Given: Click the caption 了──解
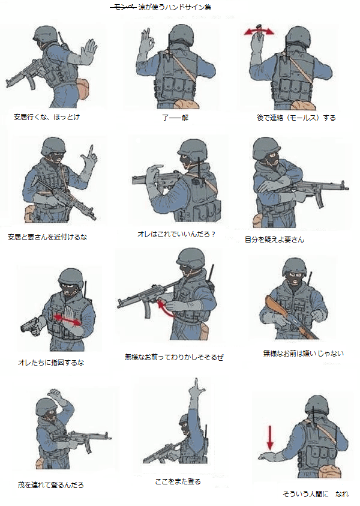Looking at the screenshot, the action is (175, 118).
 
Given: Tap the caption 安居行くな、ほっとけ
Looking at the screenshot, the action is (47, 117).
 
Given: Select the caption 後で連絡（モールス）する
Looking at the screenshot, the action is (296, 118).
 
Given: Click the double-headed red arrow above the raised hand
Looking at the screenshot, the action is (259, 31).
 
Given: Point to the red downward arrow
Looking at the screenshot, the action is (270, 438).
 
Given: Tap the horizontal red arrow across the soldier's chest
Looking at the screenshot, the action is (67, 320).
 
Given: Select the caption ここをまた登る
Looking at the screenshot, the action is (178, 481).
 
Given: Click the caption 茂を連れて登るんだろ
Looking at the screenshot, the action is (50, 485).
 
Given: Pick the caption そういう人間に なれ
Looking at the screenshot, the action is (316, 494).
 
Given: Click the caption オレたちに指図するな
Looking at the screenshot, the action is (51, 363).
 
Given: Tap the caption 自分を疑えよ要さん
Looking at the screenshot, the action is (275, 239).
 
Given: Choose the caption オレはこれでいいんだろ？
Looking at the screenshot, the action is (177, 234).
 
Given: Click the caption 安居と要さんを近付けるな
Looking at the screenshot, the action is (47, 237).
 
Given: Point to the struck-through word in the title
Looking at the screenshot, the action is (123, 7).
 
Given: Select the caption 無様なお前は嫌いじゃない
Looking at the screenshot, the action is (304, 354).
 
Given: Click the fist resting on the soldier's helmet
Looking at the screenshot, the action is (55, 394).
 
